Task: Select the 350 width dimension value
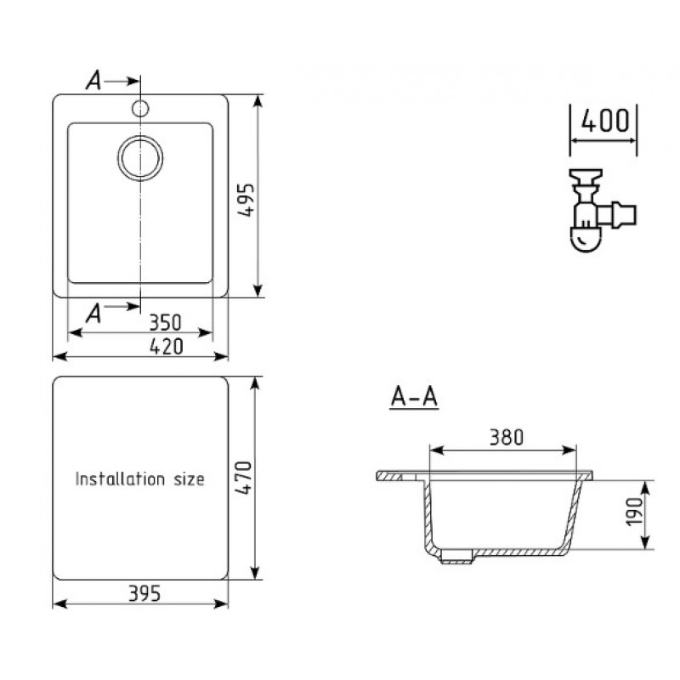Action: click(165, 323)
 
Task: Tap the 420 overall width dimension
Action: click(167, 347)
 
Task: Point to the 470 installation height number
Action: click(244, 479)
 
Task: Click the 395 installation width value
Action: click(144, 593)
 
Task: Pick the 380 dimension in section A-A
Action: click(507, 438)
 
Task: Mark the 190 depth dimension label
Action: click(634, 512)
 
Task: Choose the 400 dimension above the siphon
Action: click(605, 121)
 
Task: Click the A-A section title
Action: click(414, 396)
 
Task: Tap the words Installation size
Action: click(139, 479)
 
